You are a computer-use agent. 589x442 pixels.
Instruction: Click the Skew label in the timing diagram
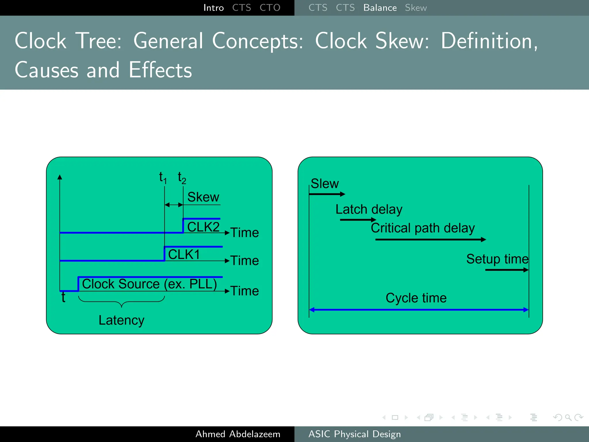(203, 197)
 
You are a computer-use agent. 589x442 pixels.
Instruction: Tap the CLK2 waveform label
(203, 227)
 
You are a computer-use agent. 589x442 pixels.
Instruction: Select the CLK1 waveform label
(184, 255)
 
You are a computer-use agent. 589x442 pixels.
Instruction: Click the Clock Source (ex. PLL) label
(149, 284)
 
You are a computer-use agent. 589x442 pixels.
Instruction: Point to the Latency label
(121, 320)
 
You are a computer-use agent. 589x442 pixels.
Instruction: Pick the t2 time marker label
(182, 178)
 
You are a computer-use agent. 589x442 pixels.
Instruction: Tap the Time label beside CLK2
(244, 233)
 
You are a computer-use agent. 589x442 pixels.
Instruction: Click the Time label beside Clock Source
(244, 291)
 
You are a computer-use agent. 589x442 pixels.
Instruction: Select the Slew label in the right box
(325, 184)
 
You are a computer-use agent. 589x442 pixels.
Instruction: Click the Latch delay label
(369, 209)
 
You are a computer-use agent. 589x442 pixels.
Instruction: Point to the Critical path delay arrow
(430, 239)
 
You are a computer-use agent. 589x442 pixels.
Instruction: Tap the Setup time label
(497, 259)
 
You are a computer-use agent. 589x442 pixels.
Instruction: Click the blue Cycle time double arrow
(419, 310)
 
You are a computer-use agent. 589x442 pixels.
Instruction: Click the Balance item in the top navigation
(380, 8)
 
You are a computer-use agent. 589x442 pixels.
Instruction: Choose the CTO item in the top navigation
(270, 8)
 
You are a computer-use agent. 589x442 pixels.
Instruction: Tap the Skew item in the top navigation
(416, 8)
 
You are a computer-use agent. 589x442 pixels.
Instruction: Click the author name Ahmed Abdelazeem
(238, 434)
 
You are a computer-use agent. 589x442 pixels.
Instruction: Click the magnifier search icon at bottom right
(568, 418)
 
